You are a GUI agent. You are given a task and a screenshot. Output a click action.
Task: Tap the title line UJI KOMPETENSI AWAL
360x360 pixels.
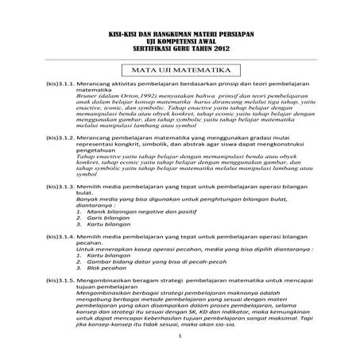click(x=180, y=40)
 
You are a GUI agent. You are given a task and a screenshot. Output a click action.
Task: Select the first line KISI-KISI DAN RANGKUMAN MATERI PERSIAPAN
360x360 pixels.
click(x=180, y=33)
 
